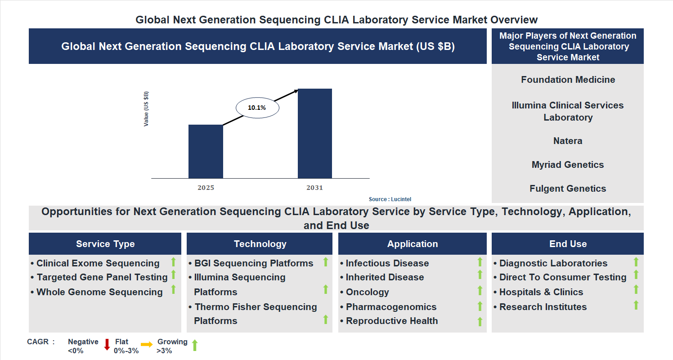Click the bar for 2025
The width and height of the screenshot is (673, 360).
click(x=206, y=151)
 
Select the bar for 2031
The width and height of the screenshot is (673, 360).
click(x=315, y=133)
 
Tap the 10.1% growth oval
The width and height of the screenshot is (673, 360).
click(x=257, y=108)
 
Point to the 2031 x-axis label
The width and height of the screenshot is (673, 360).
click(x=315, y=188)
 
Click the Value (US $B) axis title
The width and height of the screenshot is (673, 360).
click(x=146, y=109)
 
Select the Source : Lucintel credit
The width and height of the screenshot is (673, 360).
click(x=390, y=199)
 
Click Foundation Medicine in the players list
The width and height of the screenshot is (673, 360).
click(x=568, y=80)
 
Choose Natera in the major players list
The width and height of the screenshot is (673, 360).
click(x=568, y=141)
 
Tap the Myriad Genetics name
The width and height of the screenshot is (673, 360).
click(x=568, y=165)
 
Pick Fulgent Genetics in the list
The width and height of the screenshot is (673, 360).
click(x=568, y=189)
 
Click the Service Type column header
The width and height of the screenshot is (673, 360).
click(x=105, y=244)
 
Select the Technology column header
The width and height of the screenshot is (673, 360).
click(x=260, y=244)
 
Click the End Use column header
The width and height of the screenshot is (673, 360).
click(x=568, y=244)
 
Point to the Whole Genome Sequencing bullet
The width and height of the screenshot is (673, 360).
click(x=99, y=292)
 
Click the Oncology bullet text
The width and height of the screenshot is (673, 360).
click(x=367, y=292)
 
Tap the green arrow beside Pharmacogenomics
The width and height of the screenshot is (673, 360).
click(x=480, y=306)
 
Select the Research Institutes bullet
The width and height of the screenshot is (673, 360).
click(x=543, y=307)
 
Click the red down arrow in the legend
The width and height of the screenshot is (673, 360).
click(x=107, y=345)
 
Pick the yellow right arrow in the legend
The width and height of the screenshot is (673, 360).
click(x=147, y=345)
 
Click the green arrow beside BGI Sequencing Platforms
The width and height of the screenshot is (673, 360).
click(x=326, y=262)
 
